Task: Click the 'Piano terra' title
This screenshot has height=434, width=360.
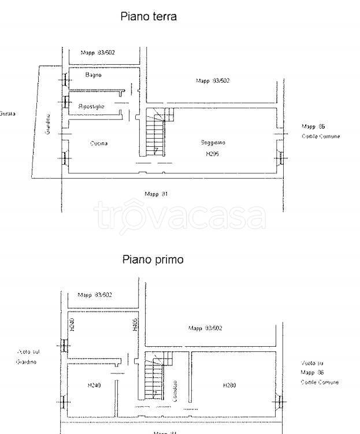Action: click(x=148, y=17)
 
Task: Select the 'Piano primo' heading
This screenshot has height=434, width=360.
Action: click(x=153, y=259)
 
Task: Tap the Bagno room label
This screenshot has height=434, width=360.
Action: click(x=93, y=75)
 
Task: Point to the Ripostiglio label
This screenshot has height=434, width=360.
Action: click(x=91, y=106)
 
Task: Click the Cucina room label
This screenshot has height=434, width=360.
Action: click(x=99, y=143)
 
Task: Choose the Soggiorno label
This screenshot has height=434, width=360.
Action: click(x=213, y=143)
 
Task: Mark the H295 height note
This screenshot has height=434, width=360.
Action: click(x=213, y=154)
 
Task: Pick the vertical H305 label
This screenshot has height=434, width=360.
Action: click(x=135, y=325)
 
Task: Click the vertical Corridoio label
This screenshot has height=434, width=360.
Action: click(x=175, y=391)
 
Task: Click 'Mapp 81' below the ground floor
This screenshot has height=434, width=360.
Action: click(x=156, y=194)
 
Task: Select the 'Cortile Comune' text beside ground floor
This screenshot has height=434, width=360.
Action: click(x=321, y=136)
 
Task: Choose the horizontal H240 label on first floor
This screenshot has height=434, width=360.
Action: click(x=94, y=385)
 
